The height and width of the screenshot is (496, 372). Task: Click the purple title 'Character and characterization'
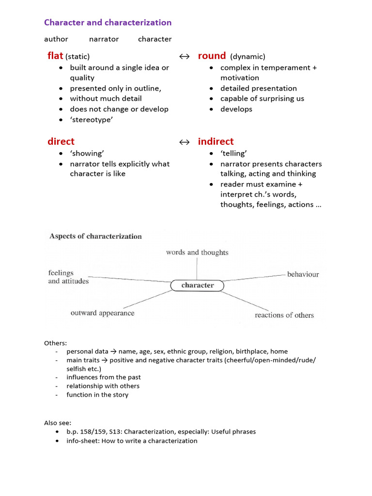[108, 22]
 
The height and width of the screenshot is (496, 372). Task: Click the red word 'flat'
[55, 56]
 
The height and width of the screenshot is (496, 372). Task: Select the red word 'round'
[212, 56]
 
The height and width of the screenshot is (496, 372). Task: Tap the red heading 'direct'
[61, 141]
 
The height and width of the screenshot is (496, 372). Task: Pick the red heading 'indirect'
[216, 141]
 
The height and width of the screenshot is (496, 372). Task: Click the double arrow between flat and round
[184, 57]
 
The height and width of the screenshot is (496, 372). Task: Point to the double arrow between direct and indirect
[184, 142]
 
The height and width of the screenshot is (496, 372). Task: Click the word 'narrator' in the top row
[104, 39]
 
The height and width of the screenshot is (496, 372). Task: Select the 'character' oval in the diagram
[197, 285]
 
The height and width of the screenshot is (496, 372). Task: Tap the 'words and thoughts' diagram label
[197, 252]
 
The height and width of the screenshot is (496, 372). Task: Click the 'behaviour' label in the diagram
[303, 274]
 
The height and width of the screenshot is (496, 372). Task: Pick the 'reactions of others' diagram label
[284, 315]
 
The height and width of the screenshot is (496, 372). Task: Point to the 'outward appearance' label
[102, 313]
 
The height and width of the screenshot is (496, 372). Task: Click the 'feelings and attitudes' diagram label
[68, 277]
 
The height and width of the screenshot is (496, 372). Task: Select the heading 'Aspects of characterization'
[95, 236]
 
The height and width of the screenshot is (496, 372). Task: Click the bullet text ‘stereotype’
[91, 120]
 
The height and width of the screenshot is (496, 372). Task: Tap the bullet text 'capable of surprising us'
[262, 98]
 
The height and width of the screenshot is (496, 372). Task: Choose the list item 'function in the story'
[97, 395]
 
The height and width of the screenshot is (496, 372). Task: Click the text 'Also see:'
[58, 422]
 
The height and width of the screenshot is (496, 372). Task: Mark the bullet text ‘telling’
[233, 154]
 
